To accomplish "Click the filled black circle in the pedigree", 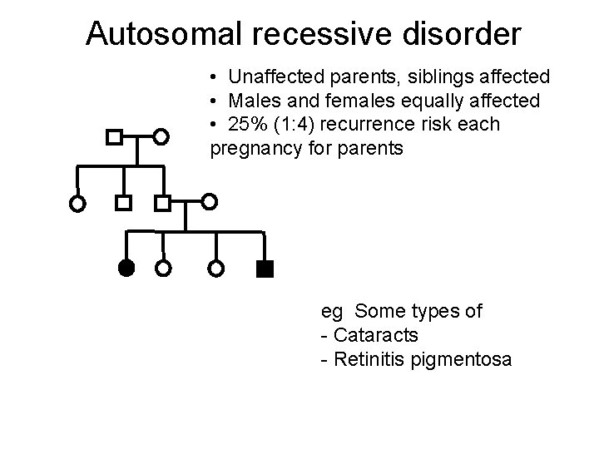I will pos(125,268).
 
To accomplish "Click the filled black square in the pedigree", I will pos(265,268).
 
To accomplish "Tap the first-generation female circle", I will pos(162,136).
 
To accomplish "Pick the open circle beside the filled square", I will pos(216,269).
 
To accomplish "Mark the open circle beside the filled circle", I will pos(164,269).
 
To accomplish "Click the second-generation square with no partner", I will pos(123,202).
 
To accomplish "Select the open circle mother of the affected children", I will pos(210,201).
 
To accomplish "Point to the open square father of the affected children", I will pos(163,202).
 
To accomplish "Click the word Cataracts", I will pos(374,335).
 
